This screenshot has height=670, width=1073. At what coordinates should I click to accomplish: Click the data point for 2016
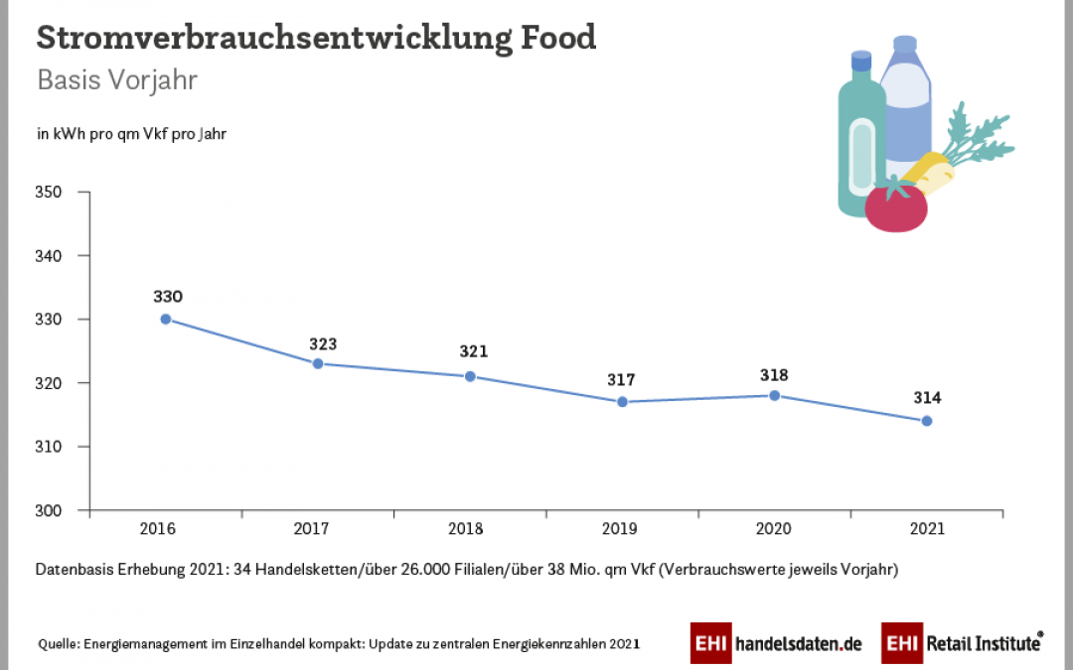tap(166, 319)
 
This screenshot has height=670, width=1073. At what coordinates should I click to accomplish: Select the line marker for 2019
tap(622, 402)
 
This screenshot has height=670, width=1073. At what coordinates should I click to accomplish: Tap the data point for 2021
tap(927, 421)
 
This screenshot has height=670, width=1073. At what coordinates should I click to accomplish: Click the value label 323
tap(322, 344)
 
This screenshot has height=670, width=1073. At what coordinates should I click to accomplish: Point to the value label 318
tap(774, 375)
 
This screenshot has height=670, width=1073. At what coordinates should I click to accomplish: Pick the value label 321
tap(474, 351)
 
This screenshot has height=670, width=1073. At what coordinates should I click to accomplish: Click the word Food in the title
tap(559, 38)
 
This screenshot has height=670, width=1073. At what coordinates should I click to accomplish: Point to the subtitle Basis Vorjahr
tap(117, 80)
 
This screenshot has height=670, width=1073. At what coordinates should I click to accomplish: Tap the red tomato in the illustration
tap(895, 205)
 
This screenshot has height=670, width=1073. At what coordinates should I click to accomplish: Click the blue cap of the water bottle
tap(904, 46)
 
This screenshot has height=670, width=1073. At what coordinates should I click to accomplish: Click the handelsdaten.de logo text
tap(799, 643)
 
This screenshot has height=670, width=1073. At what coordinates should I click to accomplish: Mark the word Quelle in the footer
tap(59, 643)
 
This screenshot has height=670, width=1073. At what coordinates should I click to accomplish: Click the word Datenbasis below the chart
tap(75, 571)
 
